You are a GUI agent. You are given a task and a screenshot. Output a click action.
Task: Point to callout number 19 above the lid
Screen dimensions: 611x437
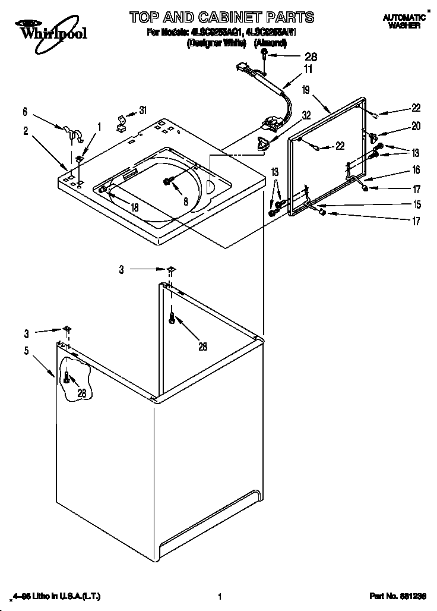(x=306, y=90)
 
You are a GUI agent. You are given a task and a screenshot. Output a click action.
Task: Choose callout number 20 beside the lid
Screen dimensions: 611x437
(x=416, y=126)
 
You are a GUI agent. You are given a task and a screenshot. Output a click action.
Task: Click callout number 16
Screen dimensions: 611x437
(x=416, y=171)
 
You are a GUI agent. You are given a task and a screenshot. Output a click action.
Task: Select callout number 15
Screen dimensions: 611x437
(x=416, y=205)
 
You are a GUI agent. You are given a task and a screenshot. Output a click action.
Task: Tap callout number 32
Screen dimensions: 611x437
(x=306, y=116)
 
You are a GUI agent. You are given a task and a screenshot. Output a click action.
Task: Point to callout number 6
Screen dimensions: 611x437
(x=25, y=111)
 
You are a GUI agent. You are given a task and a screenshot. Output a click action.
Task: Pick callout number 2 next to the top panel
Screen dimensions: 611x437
(x=25, y=131)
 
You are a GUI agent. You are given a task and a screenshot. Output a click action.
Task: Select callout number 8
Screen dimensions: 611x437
(x=186, y=202)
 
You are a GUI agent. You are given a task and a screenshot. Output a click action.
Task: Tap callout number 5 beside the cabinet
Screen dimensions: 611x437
(x=26, y=351)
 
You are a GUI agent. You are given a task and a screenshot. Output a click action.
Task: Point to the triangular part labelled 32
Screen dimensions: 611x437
(x=262, y=143)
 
